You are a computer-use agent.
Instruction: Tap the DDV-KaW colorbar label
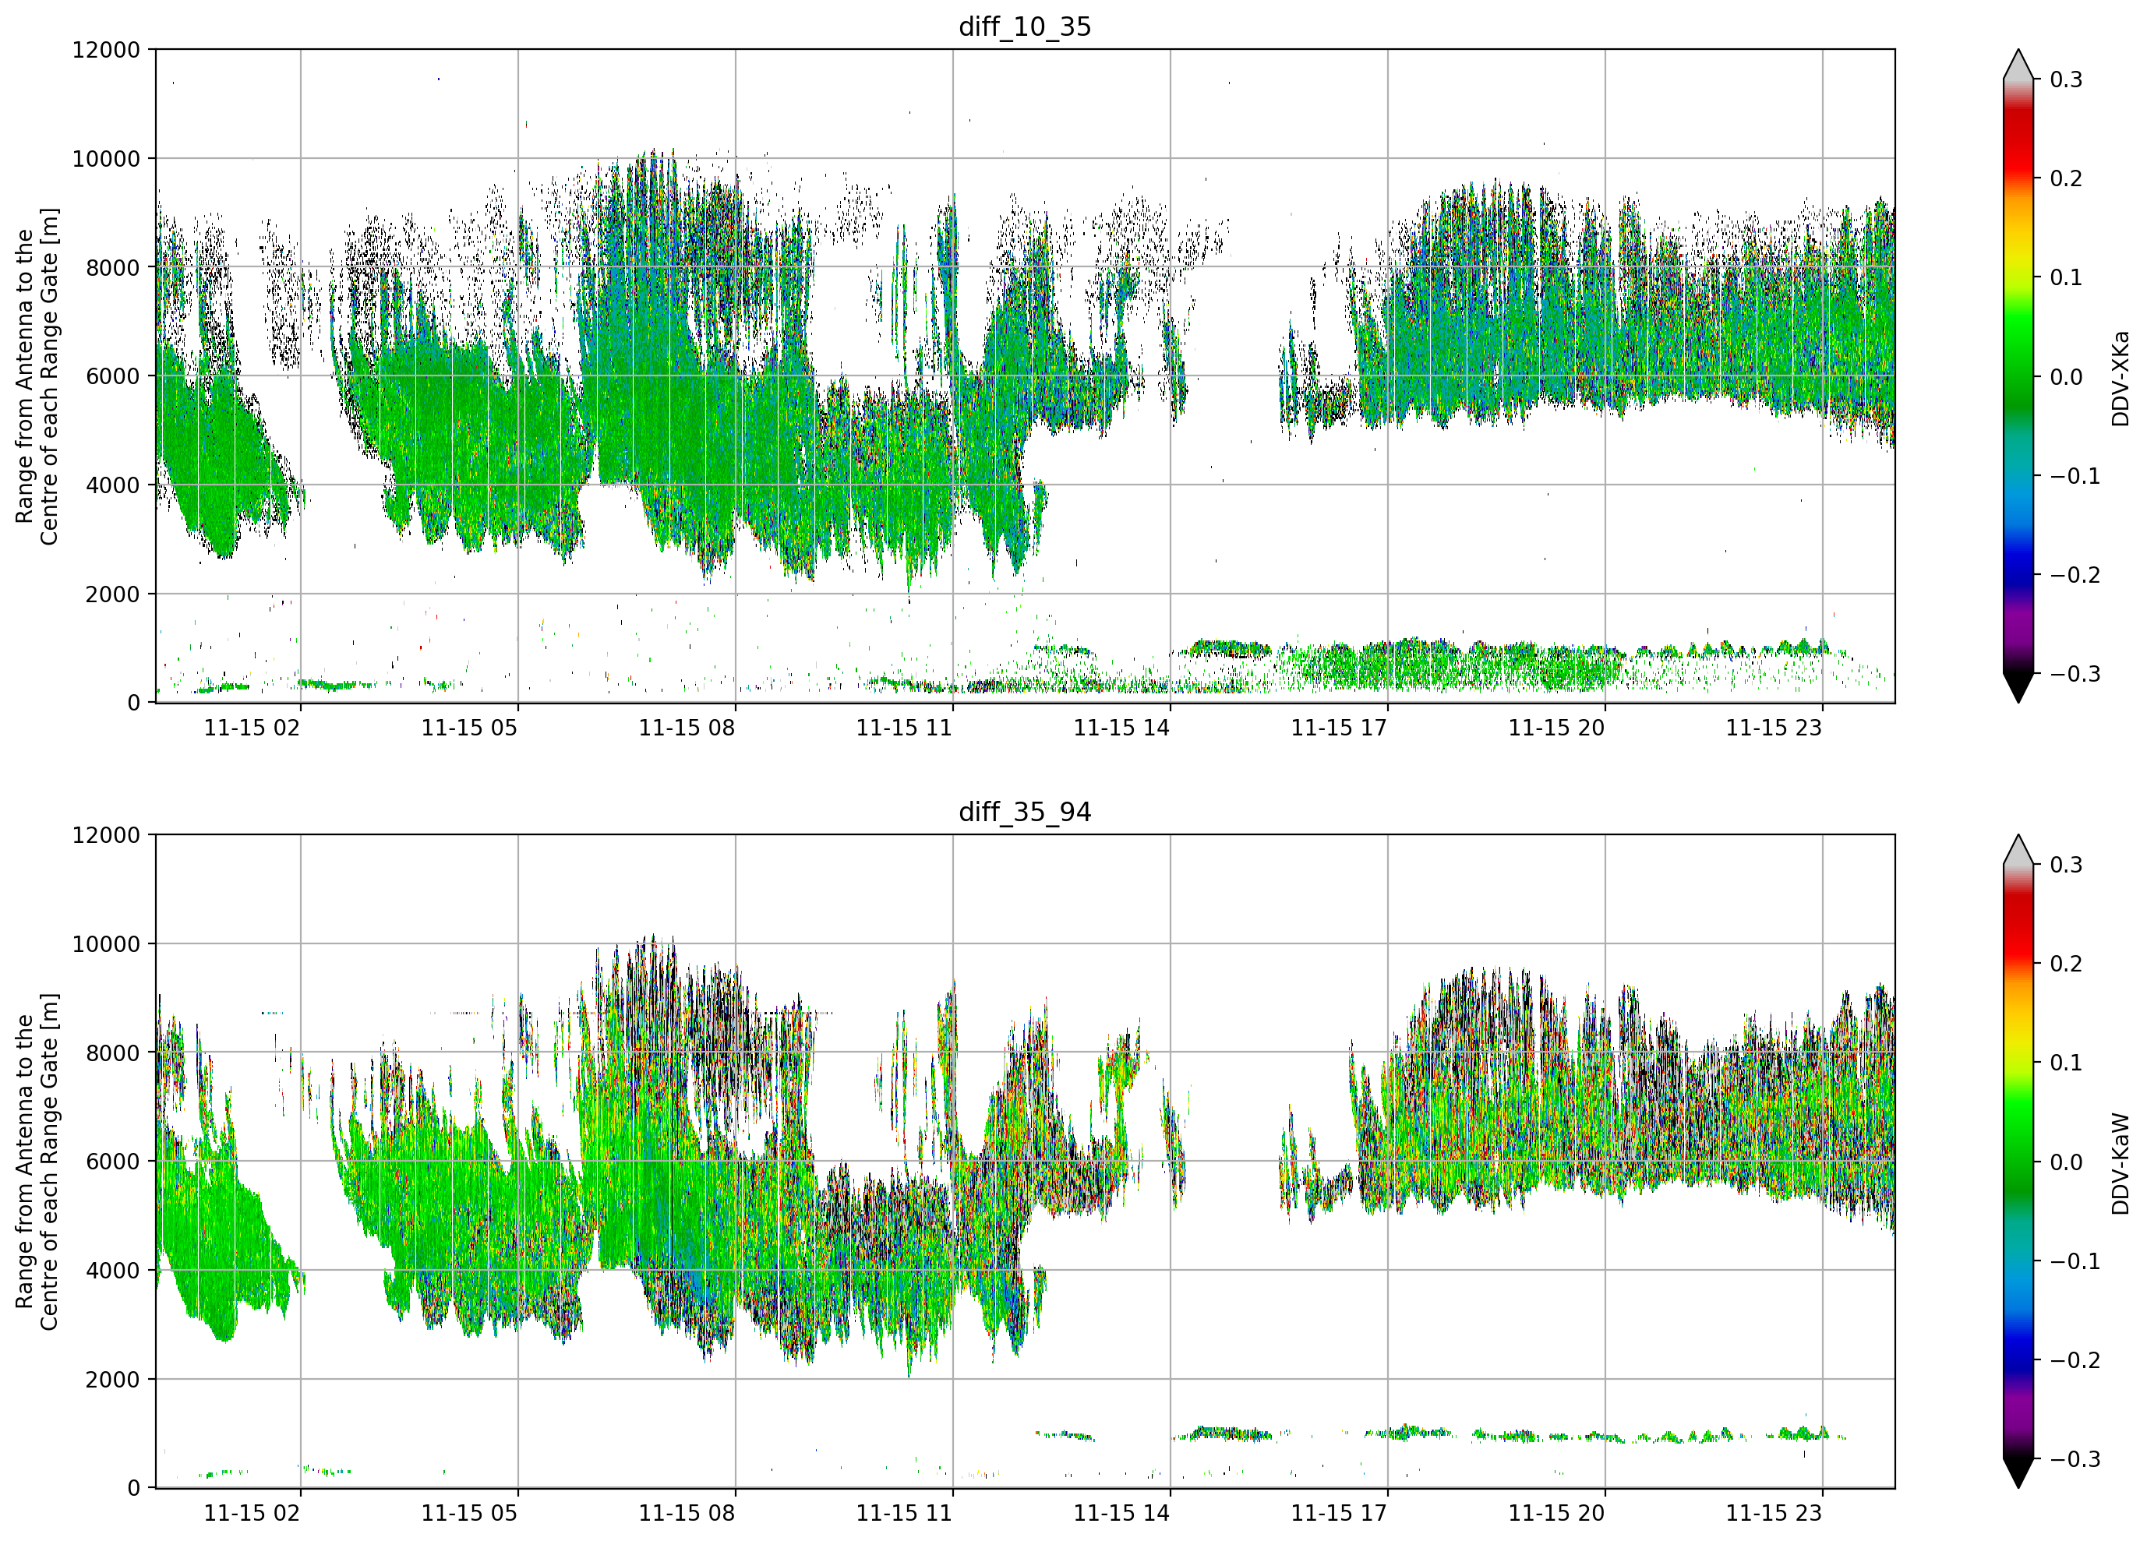tap(2120, 1163)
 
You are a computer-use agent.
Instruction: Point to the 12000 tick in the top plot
tap(106, 50)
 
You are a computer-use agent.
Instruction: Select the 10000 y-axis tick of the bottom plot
tap(106, 943)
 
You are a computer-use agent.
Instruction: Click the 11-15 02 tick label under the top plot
tap(252, 728)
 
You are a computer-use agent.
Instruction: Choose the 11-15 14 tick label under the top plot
tap(1121, 728)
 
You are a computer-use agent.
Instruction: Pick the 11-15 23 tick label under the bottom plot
tap(1773, 1514)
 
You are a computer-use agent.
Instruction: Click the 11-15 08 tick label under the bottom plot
tap(687, 1514)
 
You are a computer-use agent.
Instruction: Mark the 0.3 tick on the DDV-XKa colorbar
tap(2066, 79)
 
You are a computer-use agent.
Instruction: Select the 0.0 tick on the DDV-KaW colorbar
tap(2066, 1162)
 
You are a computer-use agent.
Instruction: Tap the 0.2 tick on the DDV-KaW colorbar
tap(2066, 964)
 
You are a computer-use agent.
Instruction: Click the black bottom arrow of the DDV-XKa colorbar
tap(2018, 686)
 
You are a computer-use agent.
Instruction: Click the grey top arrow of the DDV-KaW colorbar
tap(2018, 850)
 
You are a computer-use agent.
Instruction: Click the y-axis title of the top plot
tap(37, 377)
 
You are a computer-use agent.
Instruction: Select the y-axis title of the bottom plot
tap(37, 1162)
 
